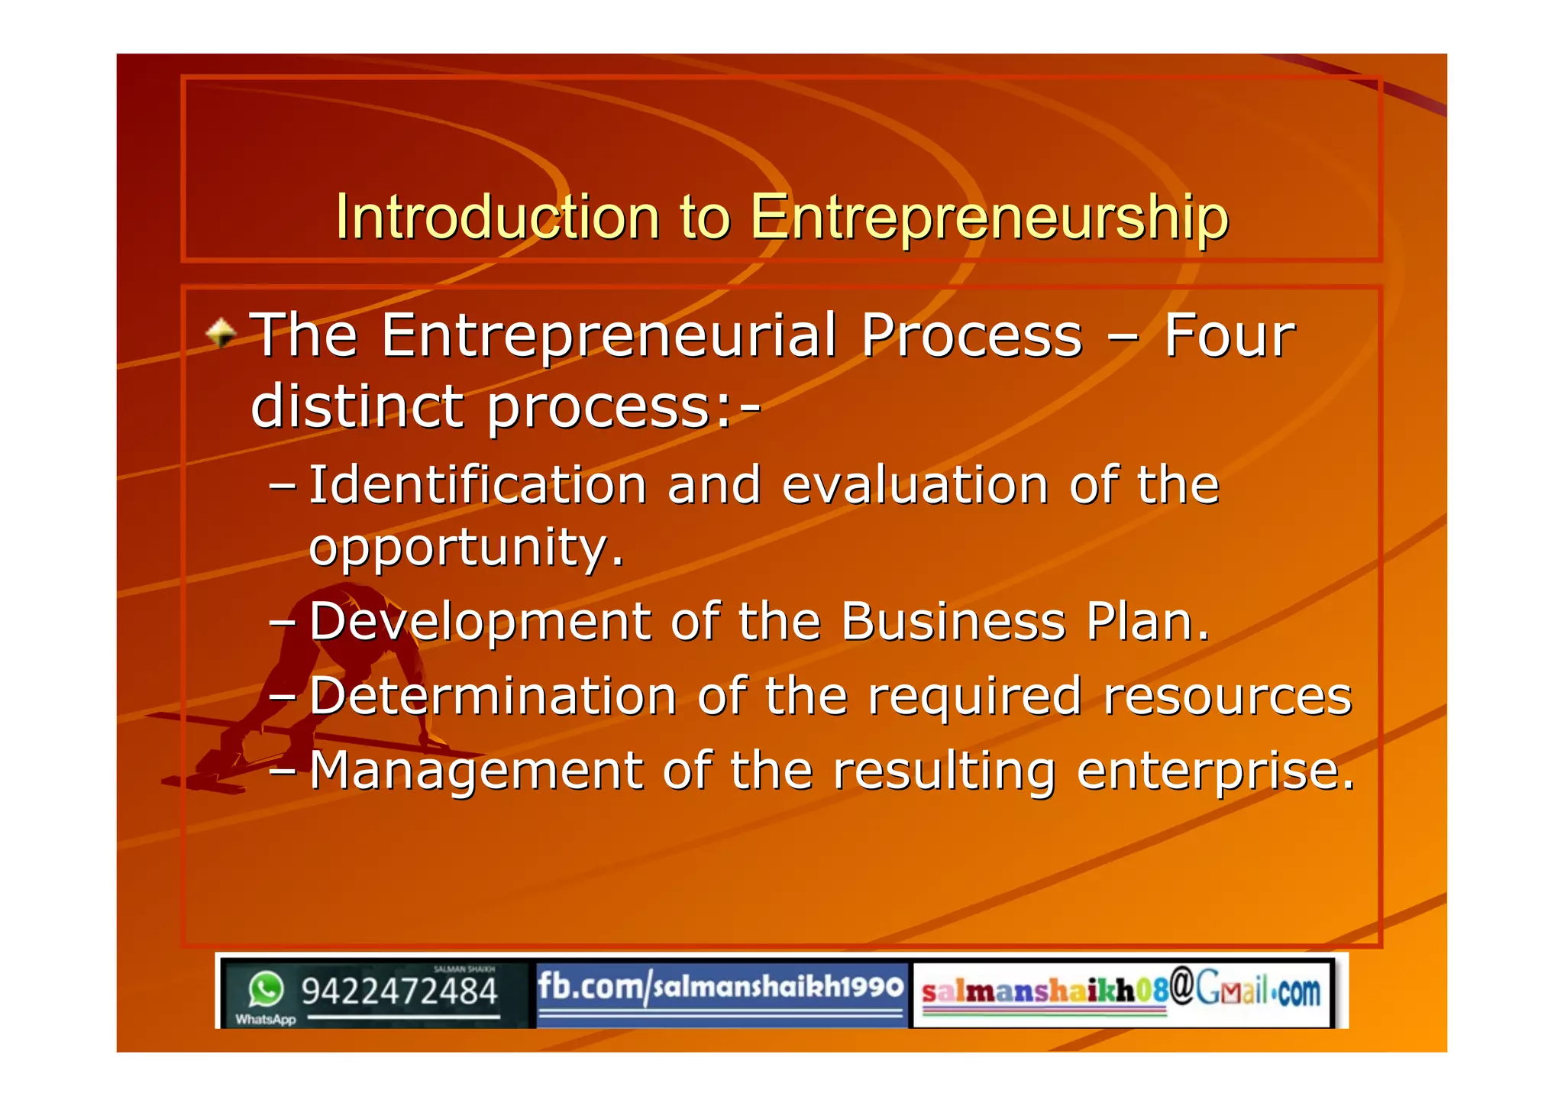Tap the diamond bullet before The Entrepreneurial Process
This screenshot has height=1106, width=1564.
point(221,333)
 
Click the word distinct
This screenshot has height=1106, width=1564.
point(357,406)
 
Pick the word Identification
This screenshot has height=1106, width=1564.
point(478,485)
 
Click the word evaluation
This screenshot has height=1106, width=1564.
point(915,485)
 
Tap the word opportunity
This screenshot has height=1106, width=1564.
point(466,548)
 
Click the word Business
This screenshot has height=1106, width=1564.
point(952,621)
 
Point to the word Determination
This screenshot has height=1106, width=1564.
point(493,696)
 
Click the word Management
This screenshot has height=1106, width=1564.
point(476,770)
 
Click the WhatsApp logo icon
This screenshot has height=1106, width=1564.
point(266,990)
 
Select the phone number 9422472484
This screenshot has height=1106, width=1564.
point(399,991)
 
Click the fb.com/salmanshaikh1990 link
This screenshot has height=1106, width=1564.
point(720,987)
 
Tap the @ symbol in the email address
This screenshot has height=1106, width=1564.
point(1181,986)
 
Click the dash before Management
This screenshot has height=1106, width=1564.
point(283,771)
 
